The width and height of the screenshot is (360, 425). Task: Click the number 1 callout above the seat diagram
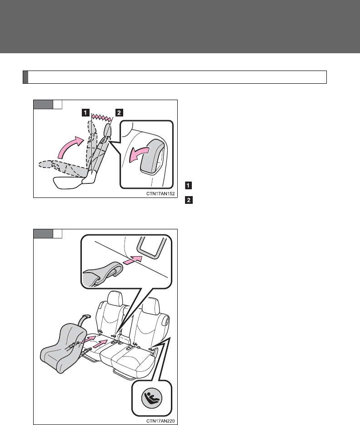click(85, 112)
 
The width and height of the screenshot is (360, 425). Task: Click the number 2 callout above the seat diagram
click(119, 112)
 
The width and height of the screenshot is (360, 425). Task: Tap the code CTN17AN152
click(160, 194)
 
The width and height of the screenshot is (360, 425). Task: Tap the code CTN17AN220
click(160, 421)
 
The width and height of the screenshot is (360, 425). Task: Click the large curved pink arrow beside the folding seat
click(69, 147)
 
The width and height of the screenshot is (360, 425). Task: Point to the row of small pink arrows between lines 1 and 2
click(102, 117)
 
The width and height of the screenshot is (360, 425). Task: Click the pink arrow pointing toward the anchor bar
click(133, 259)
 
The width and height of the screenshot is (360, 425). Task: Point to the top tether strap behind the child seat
click(85, 320)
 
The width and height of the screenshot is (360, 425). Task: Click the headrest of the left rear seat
click(115, 298)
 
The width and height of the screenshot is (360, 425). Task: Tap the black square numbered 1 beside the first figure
click(188, 185)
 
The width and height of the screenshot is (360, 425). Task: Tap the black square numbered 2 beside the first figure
click(188, 200)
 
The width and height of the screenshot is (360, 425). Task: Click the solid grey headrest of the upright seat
click(107, 130)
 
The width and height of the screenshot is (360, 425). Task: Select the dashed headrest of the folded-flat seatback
click(45, 164)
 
